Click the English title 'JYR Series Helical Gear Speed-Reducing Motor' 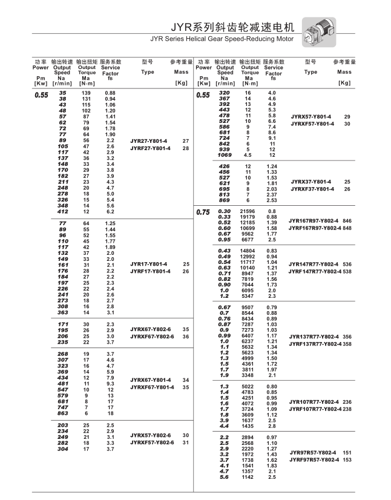tap(222, 39)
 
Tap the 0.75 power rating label tap(203, 212)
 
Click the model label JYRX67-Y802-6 tap(150, 329)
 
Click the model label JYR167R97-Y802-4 tap(314, 221)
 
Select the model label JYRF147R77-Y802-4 tap(315, 271)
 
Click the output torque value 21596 tap(248, 211)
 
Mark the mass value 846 tap(347, 221)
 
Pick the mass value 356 tap(347, 337)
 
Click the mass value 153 tap(347, 460)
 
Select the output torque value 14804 tap(248, 251)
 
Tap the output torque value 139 tap(86, 93)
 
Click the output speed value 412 tap(62, 212)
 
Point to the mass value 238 tap(347, 409)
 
